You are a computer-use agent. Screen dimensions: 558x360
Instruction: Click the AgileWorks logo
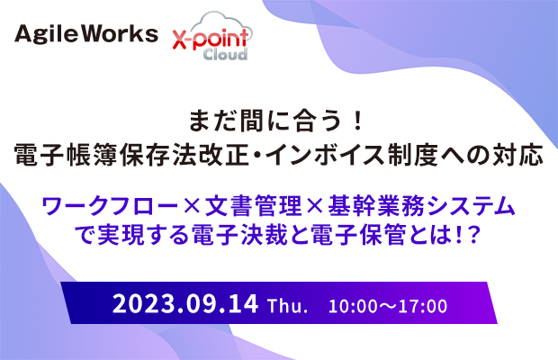tap(86, 34)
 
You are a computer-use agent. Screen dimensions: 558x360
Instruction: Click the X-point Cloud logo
tap(212, 36)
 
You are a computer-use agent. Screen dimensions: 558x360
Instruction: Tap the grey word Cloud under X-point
tap(225, 54)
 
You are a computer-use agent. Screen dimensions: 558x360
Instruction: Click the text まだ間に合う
tap(265, 121)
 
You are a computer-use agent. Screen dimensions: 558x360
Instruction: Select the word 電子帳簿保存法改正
tap(131, 155)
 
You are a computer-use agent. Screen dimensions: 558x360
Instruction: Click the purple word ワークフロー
tap(110, 206)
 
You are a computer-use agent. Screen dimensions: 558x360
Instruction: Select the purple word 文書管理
tap(254, 206)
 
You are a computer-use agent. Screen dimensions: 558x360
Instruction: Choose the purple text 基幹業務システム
tap(422, 206)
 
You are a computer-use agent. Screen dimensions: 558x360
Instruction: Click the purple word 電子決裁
tap(240, 235)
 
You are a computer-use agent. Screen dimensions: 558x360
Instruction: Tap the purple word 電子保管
tap(359, 235)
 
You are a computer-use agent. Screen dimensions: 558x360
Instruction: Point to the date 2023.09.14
tap(185, 304)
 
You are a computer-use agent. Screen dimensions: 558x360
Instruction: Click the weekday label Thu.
tap(287, 306)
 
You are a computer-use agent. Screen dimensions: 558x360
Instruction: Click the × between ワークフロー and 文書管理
tap(192, 207)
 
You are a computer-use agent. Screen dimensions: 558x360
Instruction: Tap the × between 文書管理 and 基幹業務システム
tap(315, 207)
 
